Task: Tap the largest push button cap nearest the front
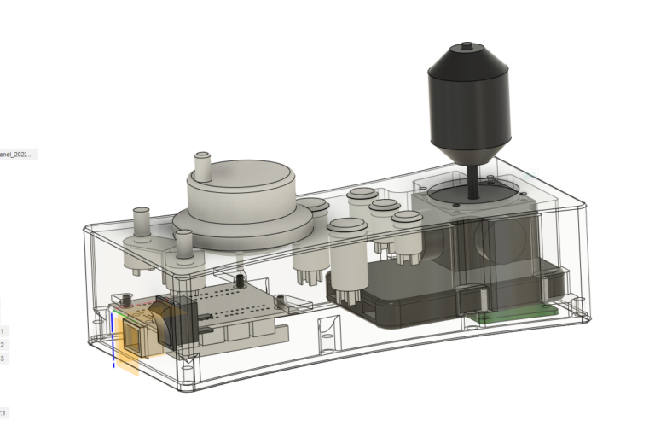(349, 229)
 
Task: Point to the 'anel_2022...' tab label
(17, 155)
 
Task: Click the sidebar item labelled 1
(3, 330)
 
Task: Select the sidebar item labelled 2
(3, 345)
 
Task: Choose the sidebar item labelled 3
(3, 359)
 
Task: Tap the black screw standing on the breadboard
(241, 280)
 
